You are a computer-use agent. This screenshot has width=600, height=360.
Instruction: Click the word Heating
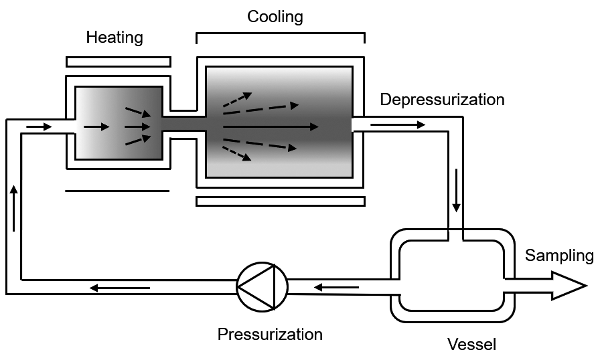click(x=115, y=37)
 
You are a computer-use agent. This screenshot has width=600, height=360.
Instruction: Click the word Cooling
click(x=275, y=17)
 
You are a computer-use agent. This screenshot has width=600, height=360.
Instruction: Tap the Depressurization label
click(x=442, y=100)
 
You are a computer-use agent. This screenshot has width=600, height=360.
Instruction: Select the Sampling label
click(x=559, y=255)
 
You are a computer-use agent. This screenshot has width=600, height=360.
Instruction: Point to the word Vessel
click(x=472, y=345)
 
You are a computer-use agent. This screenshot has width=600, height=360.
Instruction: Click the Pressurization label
click(x=270, y=334)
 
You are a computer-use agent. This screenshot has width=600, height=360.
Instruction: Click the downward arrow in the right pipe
click(x=456, y=191)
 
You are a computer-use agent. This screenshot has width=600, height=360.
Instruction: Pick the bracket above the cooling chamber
click(x=280, y=33)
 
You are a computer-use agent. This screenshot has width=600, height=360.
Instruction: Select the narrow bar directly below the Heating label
click(x=118, y=62)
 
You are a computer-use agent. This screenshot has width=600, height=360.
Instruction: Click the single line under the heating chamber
click(x=117, y=191)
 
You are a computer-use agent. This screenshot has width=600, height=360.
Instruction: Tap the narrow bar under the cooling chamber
click(x=280, y=201)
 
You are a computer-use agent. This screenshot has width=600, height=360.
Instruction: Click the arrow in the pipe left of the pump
click(x=120, y=288)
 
